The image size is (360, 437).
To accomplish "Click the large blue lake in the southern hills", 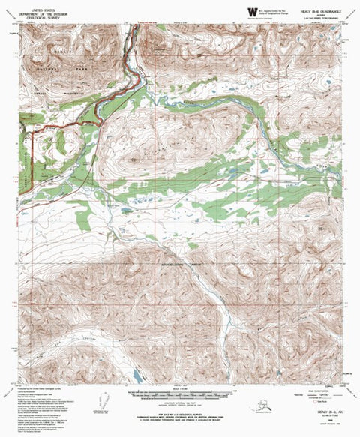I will (135, 373).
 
